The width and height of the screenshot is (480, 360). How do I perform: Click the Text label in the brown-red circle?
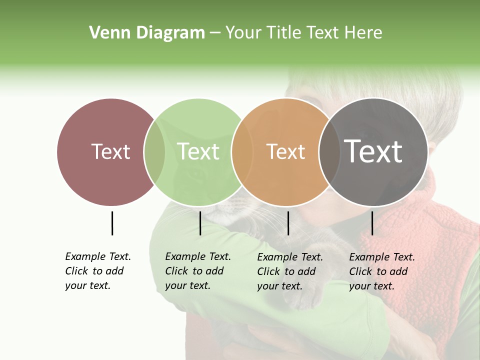pos(110,151)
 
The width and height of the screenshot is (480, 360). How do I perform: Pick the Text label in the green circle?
pos(198,151)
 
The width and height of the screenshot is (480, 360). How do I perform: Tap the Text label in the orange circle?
pos(285,151)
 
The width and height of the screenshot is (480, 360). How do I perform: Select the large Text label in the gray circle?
pos(373,151)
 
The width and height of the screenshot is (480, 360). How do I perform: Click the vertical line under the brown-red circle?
pos(112,223)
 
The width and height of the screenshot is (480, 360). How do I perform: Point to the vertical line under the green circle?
pos(200,223)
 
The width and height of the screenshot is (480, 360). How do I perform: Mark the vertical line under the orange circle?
pos(288,223)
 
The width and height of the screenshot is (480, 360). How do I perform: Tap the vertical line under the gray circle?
pos(372,223)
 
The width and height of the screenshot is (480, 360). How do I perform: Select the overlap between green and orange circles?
pos(241,152)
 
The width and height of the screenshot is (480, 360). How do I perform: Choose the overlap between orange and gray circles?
pos(328,152)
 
